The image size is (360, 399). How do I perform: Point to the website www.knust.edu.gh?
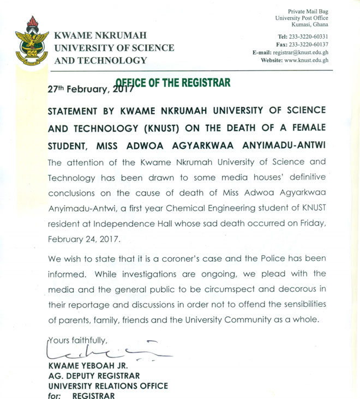pyautogui.click(x=306, y=61)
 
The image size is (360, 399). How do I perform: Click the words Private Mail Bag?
pyautogui.click(x=309, y=11)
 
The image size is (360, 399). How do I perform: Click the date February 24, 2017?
pyautogui.click(x=82, y=239)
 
